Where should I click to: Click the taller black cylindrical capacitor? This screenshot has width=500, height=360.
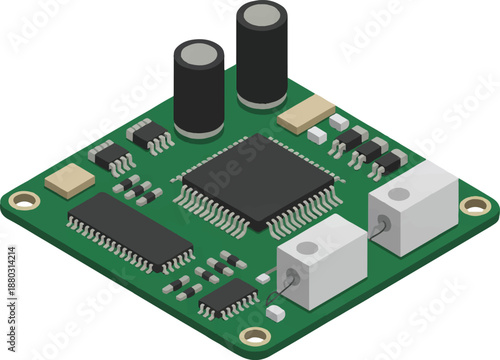tap(262, 60)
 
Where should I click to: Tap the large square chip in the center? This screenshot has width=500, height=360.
tap(257, 179)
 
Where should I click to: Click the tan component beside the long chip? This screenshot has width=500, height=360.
tap(70, 180)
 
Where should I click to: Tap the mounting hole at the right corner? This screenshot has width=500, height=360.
tap(475, 205)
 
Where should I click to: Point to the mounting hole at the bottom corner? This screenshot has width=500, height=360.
tap(256, 337)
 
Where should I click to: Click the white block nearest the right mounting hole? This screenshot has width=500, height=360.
tap(413, 205)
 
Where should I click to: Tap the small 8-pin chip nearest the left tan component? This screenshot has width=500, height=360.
tap(111, 156)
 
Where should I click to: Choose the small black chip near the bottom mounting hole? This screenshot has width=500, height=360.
tap(229, 296)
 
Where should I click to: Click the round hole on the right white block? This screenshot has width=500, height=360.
tap(398, 194)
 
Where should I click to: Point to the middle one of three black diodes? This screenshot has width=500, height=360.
tap(369, 150)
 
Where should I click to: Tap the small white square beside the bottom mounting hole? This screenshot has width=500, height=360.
tap(276, 314)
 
